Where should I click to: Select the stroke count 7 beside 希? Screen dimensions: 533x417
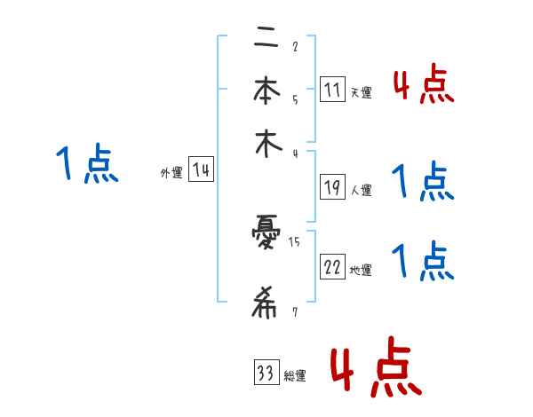(294, 311)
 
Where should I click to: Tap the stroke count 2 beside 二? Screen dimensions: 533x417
(294, 47)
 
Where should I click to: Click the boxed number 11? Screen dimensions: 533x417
(331, 90)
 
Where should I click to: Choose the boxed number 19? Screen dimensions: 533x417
(331, 187)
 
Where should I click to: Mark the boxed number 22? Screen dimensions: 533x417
(332, 268)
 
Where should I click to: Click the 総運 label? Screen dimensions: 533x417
(295, 377)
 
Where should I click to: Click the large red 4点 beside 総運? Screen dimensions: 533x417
(376, 366)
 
